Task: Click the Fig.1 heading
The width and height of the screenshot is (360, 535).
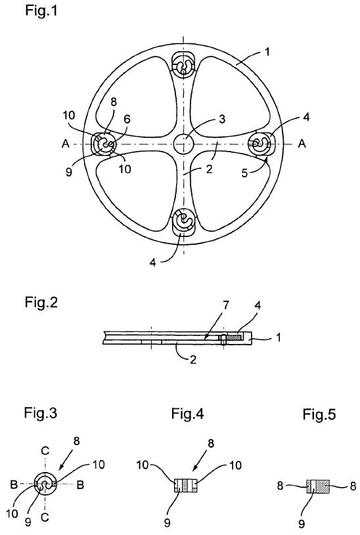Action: (x=41, y=11)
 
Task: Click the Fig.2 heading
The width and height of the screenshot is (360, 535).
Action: (x=41, y=303)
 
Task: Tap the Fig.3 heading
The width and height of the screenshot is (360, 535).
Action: (x=40, y=413)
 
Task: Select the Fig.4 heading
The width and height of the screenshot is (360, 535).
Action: (x=187, y=414)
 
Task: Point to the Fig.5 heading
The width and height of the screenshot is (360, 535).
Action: (x=319, y=414)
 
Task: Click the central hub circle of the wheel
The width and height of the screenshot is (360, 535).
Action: (x=183, y=144)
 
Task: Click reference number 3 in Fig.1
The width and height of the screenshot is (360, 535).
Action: (x=222, y=119)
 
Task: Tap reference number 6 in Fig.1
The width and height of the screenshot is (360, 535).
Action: (x=127, y=119)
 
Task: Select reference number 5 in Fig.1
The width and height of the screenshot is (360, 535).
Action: (x=244, y=173)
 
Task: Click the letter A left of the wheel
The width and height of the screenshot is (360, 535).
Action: (x=66, y=144)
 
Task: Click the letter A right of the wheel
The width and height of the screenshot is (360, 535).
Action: (x=302, y=144)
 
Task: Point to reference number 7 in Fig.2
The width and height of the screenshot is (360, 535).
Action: (x=226, y=305)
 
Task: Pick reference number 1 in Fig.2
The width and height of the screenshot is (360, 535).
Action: (x=279, y=337)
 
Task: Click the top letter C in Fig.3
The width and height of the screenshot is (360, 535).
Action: (x=45, y=451)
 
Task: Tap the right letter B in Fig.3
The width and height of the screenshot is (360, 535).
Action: (x=80, y=485)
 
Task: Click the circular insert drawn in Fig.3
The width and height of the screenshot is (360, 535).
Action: (x=45, y=484)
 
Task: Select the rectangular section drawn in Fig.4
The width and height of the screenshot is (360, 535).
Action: (x=186, y=485)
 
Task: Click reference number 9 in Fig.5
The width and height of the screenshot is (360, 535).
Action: (x=302, y=523)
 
